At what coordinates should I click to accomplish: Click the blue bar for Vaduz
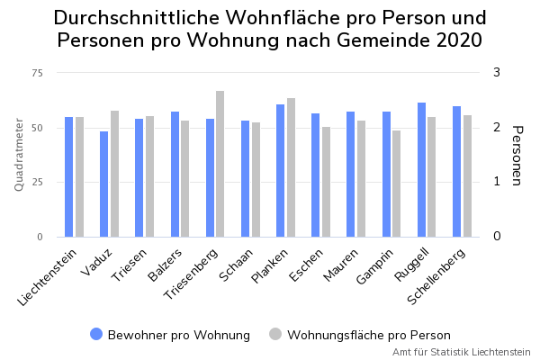[x=104, y=184]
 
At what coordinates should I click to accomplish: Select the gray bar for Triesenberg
[x=220, y=164]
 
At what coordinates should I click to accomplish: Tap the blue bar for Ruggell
[x=422, y=170]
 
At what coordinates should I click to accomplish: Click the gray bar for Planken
[x=291, y=167]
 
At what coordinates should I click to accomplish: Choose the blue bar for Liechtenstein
[x=69, y=177]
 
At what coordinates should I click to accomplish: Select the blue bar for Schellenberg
[x=457, y=172]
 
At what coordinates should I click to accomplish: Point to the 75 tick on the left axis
[x=37, y=73]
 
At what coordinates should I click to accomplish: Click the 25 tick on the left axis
[x=37, y=183]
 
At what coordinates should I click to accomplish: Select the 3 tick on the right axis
[x=496, y=73]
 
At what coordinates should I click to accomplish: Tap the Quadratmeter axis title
[x=19, y=154]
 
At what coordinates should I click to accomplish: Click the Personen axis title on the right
[x=517, y=155]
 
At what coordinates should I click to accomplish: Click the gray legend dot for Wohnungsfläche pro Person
[x=276, y=334]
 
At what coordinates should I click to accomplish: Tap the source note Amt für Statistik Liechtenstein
[x=461, y=352]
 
